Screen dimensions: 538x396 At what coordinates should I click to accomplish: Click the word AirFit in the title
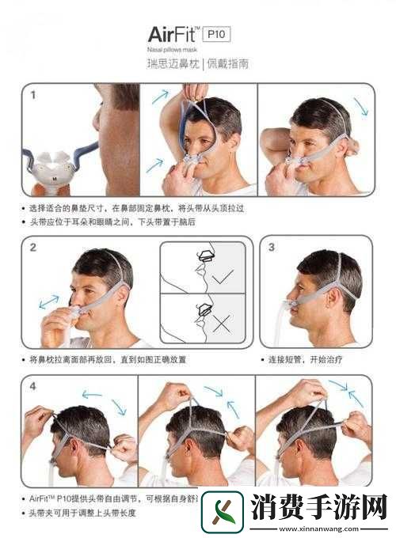click(x=172, y=34)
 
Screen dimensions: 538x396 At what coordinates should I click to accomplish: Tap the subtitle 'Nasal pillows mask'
click(x=172, y=49)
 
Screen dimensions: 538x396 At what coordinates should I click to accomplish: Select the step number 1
click(x=33, y=95)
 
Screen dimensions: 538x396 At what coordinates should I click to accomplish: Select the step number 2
click(x=33, y=247)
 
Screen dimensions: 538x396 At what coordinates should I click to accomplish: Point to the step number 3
click(x=271, y=247)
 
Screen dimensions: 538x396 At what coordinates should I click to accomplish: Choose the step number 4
click(x=33, y=387)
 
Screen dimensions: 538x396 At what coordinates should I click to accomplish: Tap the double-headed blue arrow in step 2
click(x=49, y=302)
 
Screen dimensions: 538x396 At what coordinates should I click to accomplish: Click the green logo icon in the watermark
click(x=222, y=512)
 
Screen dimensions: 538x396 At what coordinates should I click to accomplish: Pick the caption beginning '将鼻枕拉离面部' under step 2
click(x=111, y=359)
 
